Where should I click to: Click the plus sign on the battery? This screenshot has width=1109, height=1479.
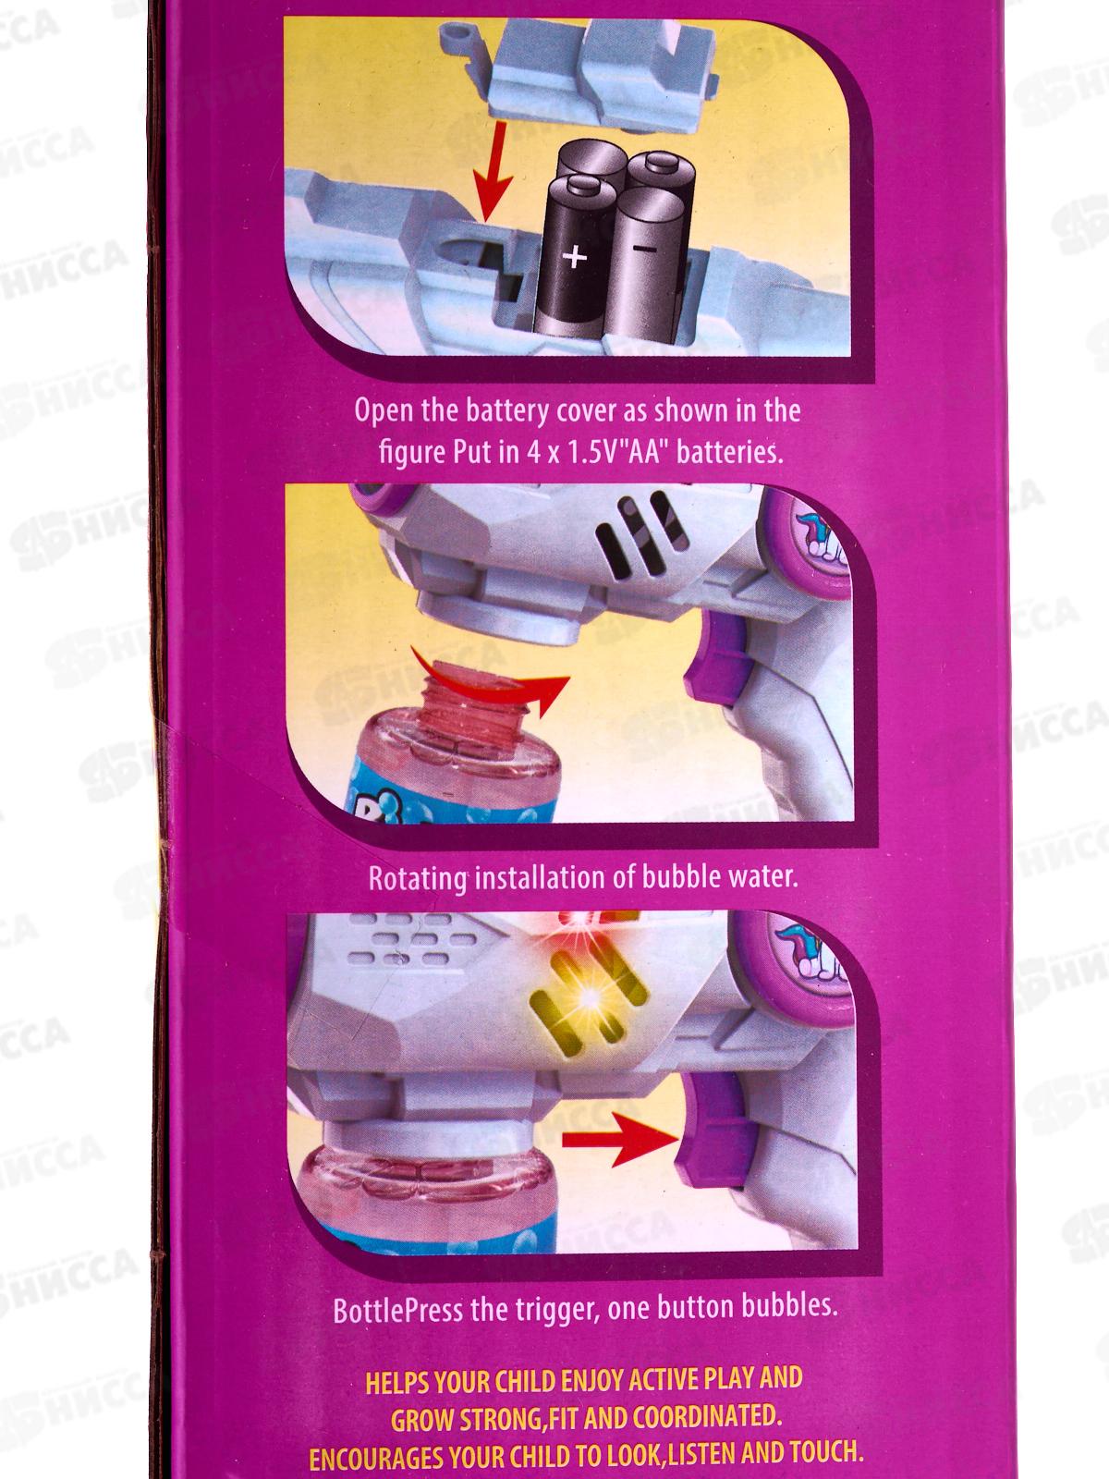point(574,256)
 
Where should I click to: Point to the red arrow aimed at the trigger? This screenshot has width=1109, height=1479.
point(619,1138)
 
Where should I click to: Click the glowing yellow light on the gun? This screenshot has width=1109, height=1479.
point(590,996)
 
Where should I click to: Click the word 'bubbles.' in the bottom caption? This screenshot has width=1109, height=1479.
point(789,1306)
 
